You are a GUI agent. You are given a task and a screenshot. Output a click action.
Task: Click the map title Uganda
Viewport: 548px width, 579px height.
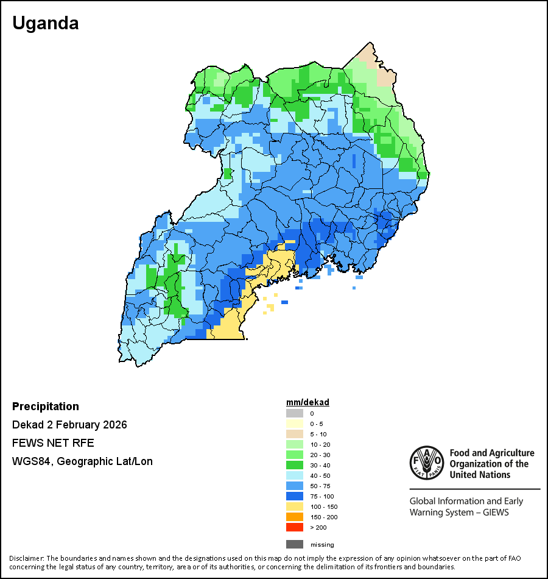click(x=46, y=23)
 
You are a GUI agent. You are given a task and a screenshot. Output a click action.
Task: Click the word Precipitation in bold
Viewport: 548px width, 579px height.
click(x=46, y=407)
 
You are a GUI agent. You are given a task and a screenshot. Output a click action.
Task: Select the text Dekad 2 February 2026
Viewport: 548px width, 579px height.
click(x=69, y=425)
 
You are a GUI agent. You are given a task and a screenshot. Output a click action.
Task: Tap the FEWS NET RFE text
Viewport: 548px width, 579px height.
click(x=53, y=443)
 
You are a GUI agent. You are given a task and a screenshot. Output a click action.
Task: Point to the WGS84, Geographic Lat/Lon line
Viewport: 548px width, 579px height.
click(x=82, y=461)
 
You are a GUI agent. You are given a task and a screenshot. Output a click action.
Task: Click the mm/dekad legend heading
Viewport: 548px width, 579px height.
click(x=307, y=402)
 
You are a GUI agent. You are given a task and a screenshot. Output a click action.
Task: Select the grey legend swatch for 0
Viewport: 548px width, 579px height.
click(x=295, y=413)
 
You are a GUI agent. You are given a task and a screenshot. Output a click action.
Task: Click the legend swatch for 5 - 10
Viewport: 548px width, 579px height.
click(x=295, y=434)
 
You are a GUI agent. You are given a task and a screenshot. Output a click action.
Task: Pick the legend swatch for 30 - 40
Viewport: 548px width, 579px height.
click(x=295, y=465)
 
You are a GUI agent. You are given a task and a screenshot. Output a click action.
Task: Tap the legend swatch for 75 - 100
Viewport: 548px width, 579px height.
click(x=295, y=496)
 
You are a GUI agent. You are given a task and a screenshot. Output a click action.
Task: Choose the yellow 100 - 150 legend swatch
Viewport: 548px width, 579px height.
click(x=295, y=506)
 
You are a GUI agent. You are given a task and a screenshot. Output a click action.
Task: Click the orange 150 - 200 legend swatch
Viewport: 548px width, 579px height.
click(x=295, y=517)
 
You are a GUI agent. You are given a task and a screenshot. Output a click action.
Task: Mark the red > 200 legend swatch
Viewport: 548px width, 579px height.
click(x=295, y=527)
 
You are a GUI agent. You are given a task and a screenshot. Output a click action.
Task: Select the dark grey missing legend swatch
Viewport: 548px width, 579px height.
click(x=295, y=544)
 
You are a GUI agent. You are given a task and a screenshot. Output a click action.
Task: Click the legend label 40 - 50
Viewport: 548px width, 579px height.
click(x=320, y=475)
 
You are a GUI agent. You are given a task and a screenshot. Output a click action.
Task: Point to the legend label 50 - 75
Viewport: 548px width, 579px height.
click(x=320, y=486)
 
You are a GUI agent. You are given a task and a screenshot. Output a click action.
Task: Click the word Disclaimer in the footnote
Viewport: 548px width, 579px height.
click(x=26, y=558)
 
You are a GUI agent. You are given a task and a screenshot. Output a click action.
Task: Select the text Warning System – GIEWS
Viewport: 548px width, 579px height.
click(x=459, y=513)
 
